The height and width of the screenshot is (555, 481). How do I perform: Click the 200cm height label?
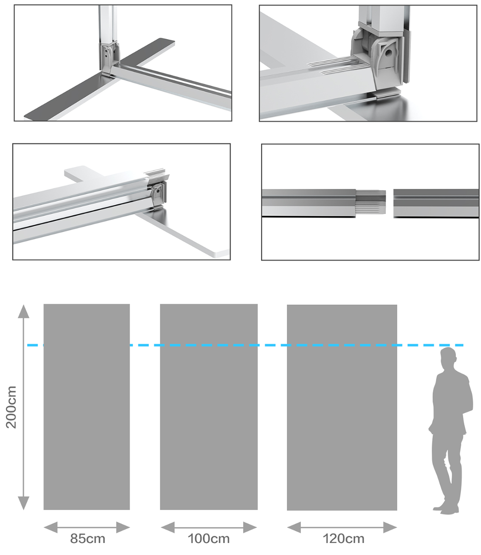[11, 407]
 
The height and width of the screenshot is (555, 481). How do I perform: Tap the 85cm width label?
[88, 538]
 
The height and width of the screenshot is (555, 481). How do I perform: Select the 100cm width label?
[209, 538]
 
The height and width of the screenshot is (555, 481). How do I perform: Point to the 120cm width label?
[343, 538]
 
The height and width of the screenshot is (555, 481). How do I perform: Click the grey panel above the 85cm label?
[87, 407]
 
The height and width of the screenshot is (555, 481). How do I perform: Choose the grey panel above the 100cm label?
[209, 407]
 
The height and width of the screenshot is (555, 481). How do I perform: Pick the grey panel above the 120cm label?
[342, 407]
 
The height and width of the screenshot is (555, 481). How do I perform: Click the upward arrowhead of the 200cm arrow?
[23, 311]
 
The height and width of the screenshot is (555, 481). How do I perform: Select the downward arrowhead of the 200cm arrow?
[23, 503]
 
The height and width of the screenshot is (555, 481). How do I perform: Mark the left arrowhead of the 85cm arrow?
[51, 527]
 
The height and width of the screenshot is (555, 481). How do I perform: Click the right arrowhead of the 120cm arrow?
[390, 527]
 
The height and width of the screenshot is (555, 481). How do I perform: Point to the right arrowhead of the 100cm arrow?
[250, 527]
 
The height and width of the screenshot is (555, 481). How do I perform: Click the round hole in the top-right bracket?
[388, 53]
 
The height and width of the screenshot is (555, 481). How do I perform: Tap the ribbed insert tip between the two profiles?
[371, 202]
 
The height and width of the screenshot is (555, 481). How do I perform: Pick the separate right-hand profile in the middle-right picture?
[436, 203]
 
